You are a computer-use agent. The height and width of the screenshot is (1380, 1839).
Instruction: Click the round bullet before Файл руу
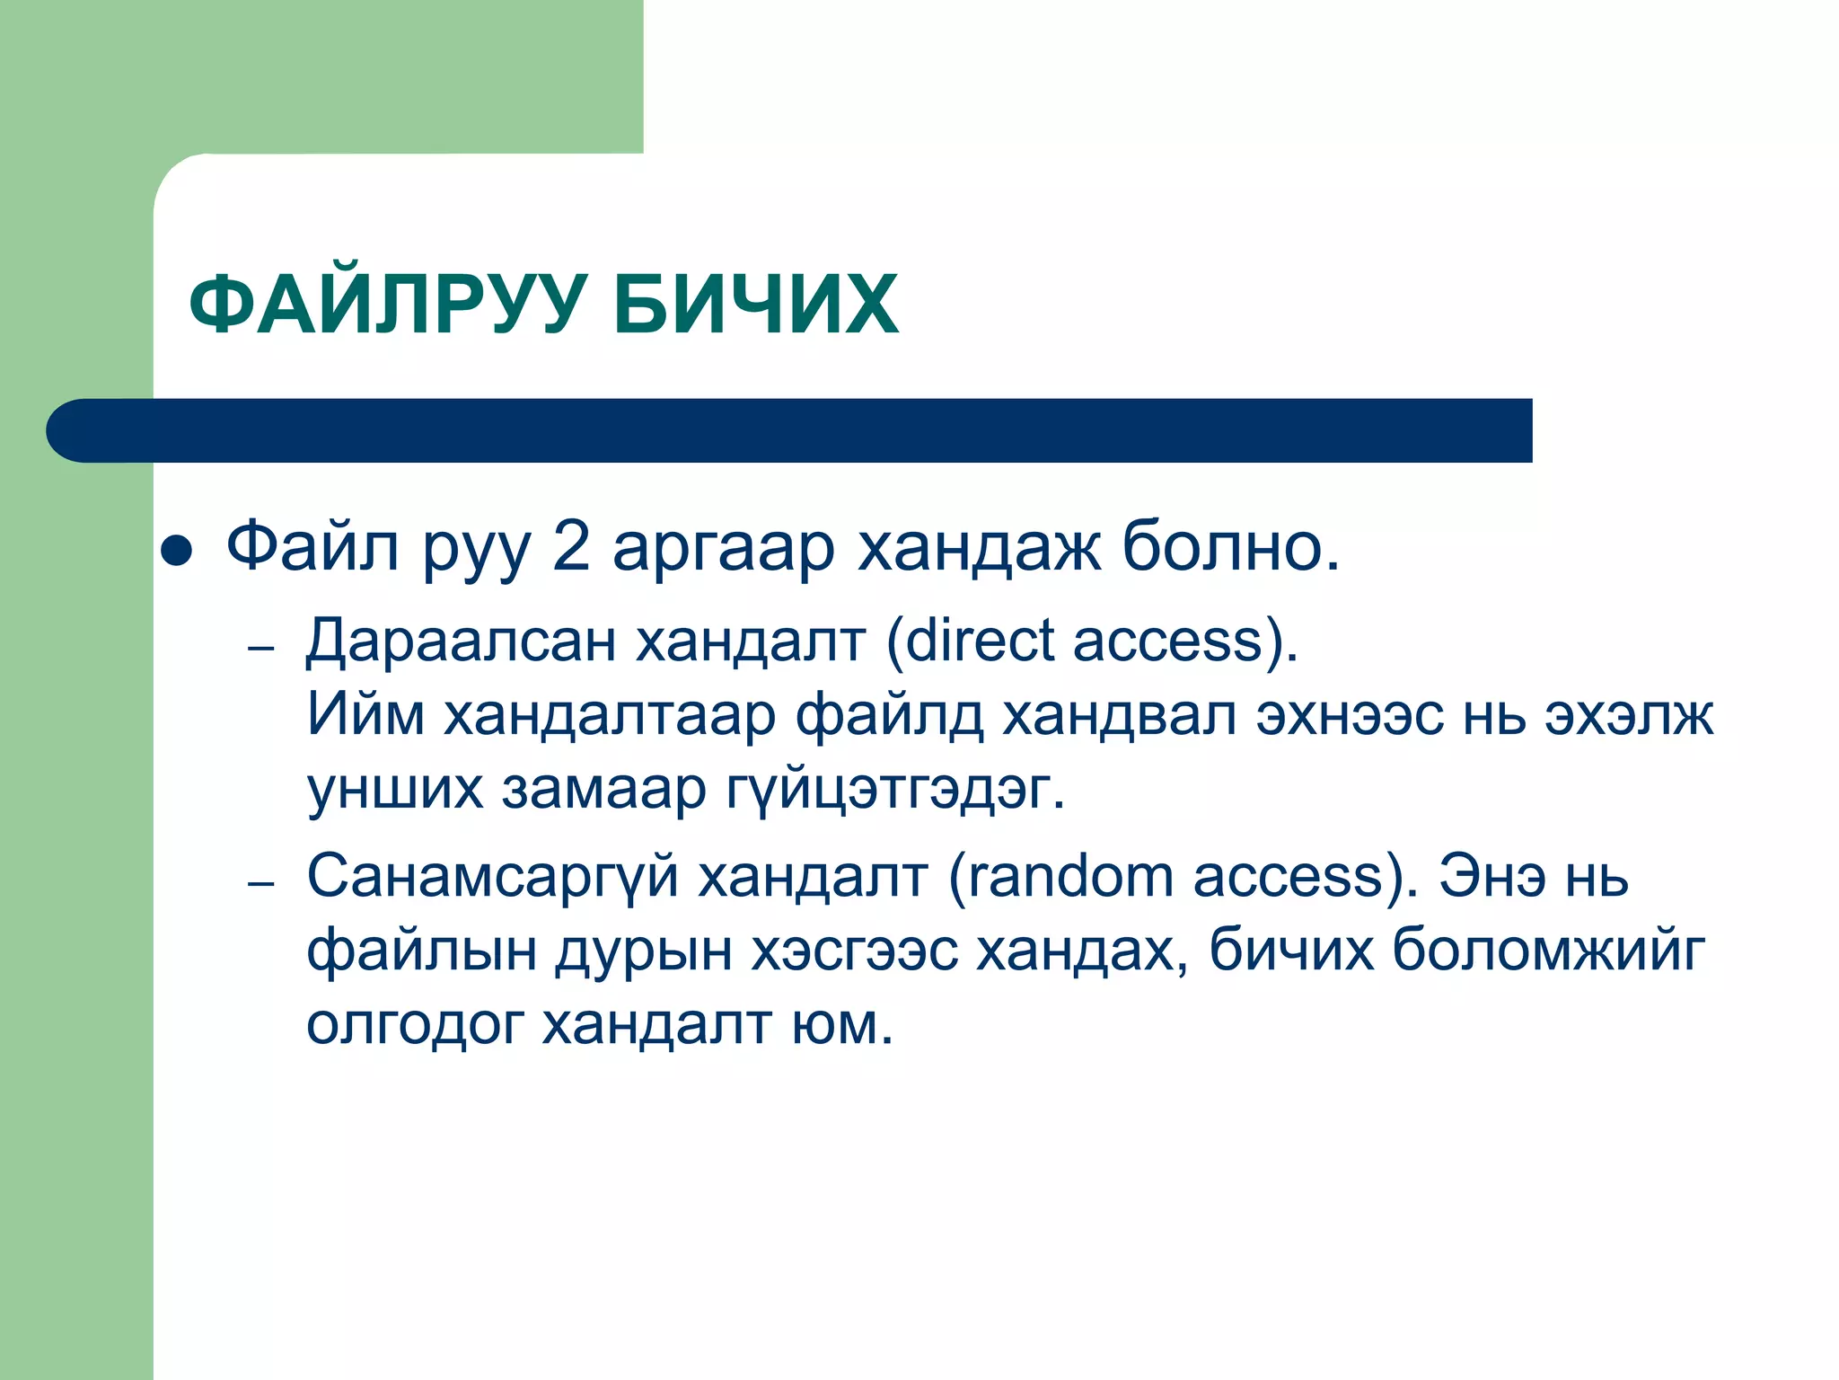[x=176, y=551]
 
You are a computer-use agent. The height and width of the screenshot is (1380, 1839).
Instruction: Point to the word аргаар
[x=724, y=550]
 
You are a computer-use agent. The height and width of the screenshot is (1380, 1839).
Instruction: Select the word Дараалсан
[x=460, y=641]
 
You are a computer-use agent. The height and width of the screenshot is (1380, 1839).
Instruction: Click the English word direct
[x=979, y=641]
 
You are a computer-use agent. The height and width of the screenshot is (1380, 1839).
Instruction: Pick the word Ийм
[x=365, y=715]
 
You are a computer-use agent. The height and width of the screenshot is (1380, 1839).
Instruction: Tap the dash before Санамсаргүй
[x=260, y=884]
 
